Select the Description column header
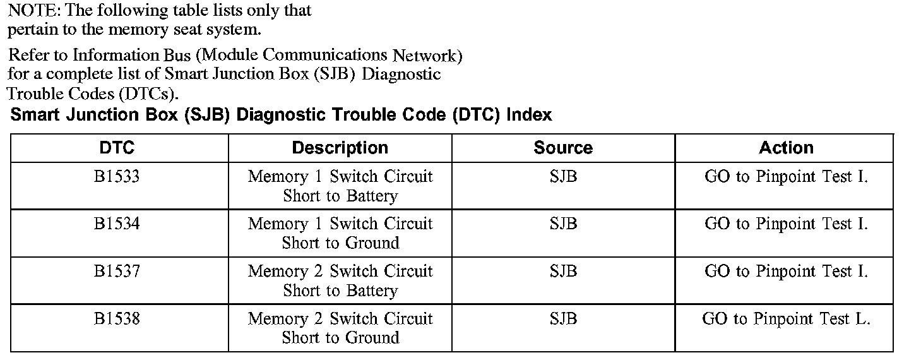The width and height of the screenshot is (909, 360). pos(340,148)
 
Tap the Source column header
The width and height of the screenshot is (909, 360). pos(563,148)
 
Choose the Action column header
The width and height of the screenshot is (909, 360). pos(786,148)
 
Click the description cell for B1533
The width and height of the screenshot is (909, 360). pos(340,186)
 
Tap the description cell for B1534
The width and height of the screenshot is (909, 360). pos(340,233)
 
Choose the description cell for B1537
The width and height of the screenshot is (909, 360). pos(340,280)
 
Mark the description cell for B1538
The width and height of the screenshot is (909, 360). pos(340,328)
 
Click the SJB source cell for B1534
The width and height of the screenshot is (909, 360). pos(563,224)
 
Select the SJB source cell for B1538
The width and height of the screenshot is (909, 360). pos(563,318)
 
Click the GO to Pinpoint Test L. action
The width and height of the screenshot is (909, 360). pos(786,319)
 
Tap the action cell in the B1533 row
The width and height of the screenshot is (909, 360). pos(786,177)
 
